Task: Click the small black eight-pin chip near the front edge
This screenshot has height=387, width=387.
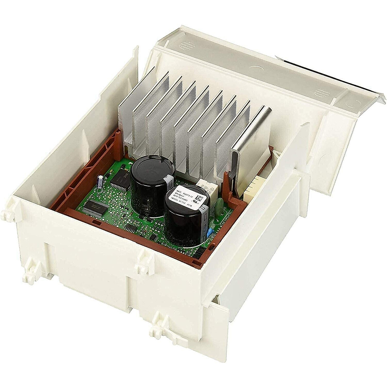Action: [131, 229]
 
